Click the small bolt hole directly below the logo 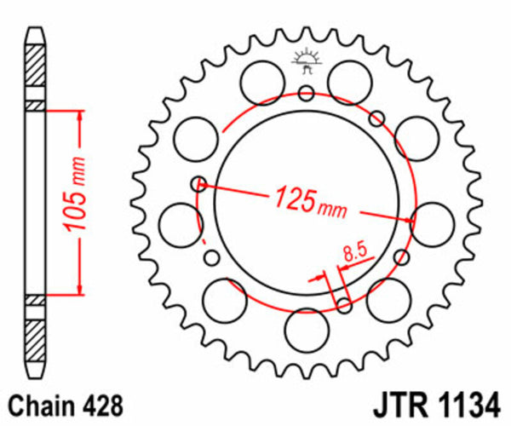(x=306, y=93)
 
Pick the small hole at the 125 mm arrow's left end (x=199, y=182)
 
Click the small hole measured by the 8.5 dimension (x=343, y=304)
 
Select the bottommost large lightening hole (x=306, y=328)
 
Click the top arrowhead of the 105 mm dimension (x=81, y=113)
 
